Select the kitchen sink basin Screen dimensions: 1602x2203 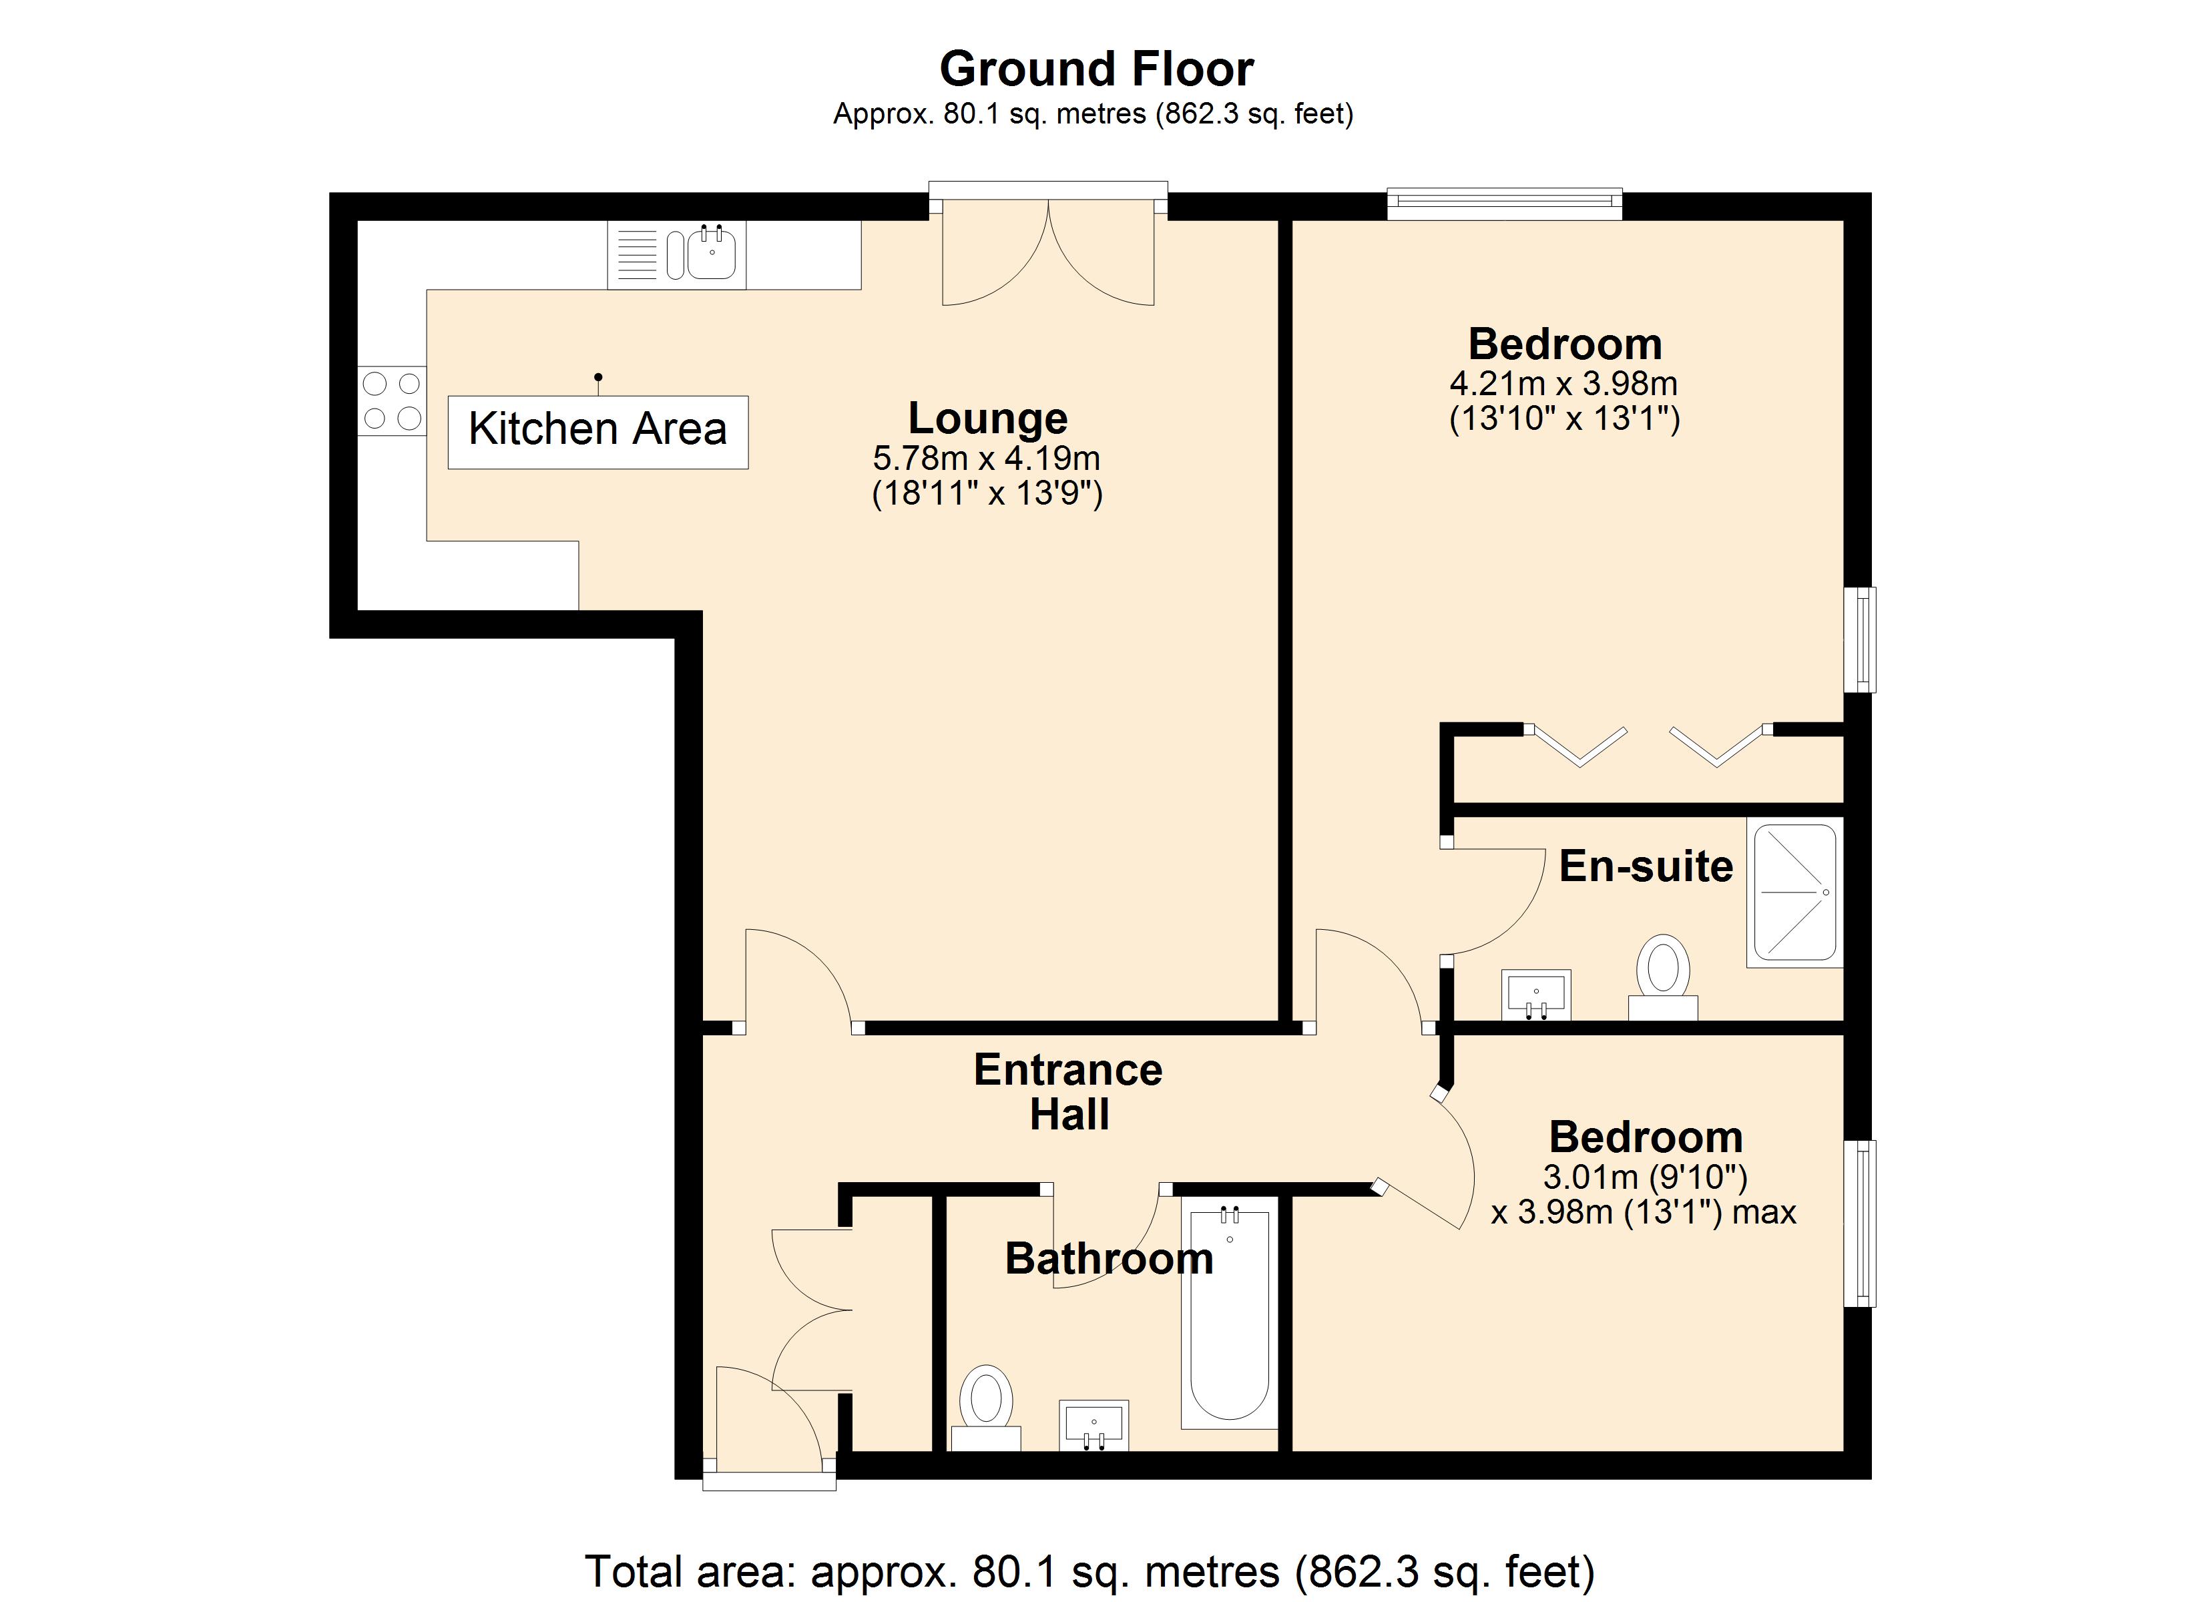pyautogui.click(x=712, y=256)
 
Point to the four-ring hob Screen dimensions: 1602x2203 pyautogui.click(x=391, y=400)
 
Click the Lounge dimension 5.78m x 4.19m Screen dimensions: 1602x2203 pyautogui.click(x=986, y=458)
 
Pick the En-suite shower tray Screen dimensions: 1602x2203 pyautogui.click(x=1794, y=892)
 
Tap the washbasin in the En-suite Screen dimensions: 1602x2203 pyautogui.click(x=1535, y=994)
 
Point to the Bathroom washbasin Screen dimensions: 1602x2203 pyautogui.click(x=1093, y=1424)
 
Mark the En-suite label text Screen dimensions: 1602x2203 pyautogui.click(x=1646, y=866)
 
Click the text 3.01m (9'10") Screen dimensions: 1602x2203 pyautogui.click(x=1644, y=1177)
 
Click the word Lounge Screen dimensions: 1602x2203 pyautogui.click(x=987, y=418)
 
